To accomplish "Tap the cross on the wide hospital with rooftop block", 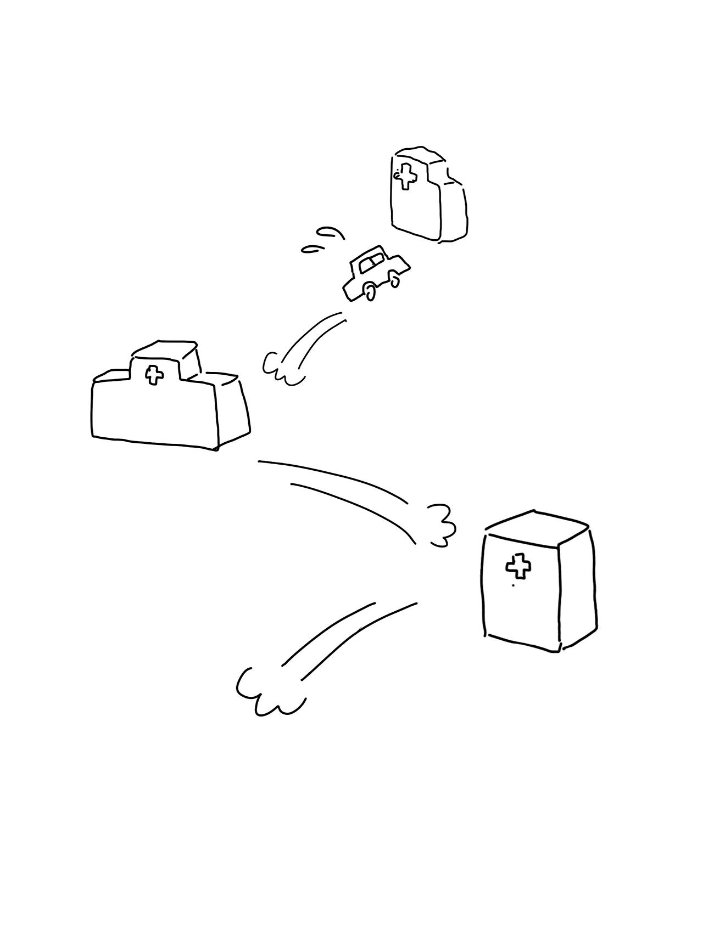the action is (x=154, y=375).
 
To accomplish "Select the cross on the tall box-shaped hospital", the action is (x=518, y=567).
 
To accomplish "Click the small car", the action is (x=375, y=273).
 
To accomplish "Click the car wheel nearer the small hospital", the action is (x=394, y=280).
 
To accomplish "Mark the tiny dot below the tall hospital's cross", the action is (x=513, y=585).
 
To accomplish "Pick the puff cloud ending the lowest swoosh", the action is (x=264, y=694).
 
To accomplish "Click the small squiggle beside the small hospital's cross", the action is (x=396, y=174).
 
